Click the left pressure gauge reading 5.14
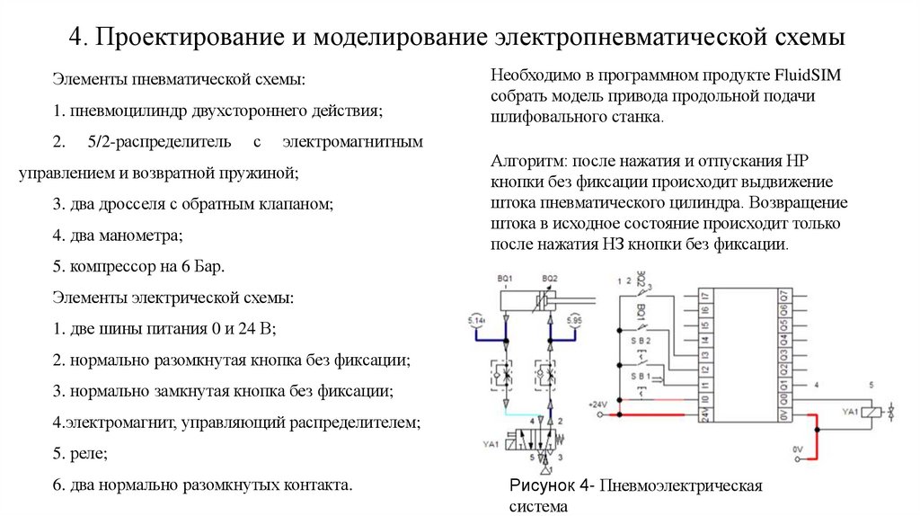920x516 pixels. click(475, 320)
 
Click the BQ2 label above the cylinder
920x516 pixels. click(550, 279)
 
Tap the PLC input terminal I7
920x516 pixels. click(707, 296)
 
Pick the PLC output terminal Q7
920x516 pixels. click(784, 296)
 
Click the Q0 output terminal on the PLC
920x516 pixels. click(784, 397)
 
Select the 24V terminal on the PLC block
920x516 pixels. click(707, 414)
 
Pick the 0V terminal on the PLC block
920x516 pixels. click(784, 414)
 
